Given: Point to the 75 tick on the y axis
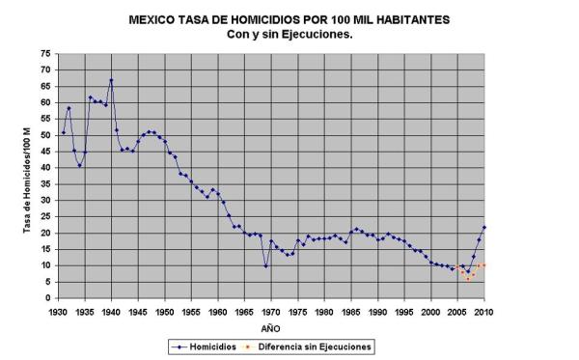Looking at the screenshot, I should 45,55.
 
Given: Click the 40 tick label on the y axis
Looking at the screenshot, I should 45,168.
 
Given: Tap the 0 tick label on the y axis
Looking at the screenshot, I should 48,298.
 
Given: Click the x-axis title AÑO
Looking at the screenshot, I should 271,328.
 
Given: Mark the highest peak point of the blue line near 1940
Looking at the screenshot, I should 111,80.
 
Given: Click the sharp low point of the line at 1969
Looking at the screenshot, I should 265,265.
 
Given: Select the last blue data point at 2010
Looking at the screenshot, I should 483,227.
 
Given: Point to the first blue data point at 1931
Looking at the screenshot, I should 64,132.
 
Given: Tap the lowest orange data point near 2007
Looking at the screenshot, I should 468,279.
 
